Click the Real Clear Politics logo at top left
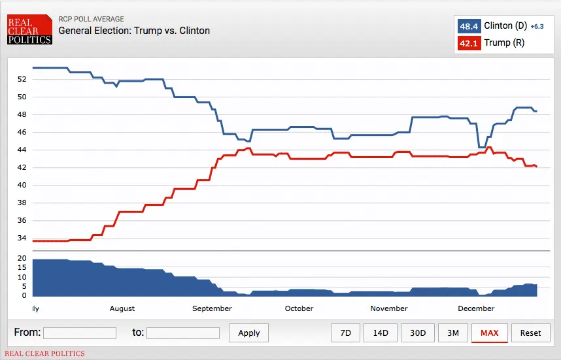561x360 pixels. pyautogui.click(x=29, y=30)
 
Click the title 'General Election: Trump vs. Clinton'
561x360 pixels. pyautogui.click(x=134, y=31)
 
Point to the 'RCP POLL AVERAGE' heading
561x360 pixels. pyautogui.click(x=91, y=19)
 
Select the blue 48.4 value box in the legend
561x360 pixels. pyautogui.click(x=469, y=27)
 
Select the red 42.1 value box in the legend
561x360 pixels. pyautogui.click(x=469, y=44)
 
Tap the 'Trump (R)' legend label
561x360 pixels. pyautogui.click(x=504, y=44)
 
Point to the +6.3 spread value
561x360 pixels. pyautogui.click(x=537, y=27)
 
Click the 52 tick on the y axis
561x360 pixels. pyautogui.click(x=22, y=79)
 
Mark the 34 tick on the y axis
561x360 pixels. pyautogui.click(x=22, y=238)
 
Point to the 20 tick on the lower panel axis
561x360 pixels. pyautogui.click(x=22, y=259)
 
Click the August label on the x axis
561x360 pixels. pyautogui.click(x=122, y=308)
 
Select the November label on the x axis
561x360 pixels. pyautogui.click(x=389, y=308)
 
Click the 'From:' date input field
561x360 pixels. pyautogui.click(x=80, y=333)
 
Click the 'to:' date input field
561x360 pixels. pyautogui.click(x=183, y=333)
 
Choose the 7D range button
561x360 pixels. pyautogui.click(x=346, y=333)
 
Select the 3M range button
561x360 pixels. pyautogui.click(x=452, y=333)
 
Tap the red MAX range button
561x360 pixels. pyautogui.click(x=489, y=333)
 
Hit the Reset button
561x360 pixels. pyautogui.click(x=530, y=333)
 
